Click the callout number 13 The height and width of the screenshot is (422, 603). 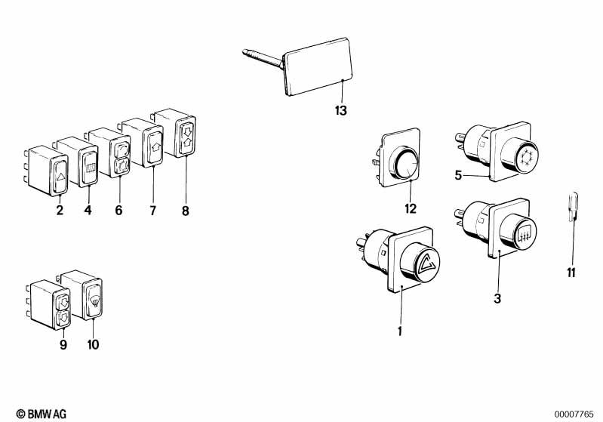(x=340, y=111)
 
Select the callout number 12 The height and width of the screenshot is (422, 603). (x=411, y=208)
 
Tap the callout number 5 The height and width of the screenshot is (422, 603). (x=458, y=175)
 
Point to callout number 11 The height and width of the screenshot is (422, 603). (x=571, y=273)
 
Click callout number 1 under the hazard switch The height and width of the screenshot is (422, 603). (x=400, y=331)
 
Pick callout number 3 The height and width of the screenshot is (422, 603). (x=497, y=298)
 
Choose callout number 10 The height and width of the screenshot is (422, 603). (x=93, y=345)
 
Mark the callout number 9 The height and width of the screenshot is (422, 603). (x=63, y=345)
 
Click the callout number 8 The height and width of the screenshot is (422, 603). (x=186, y=211)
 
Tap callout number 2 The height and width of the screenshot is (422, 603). (x=60, y=211)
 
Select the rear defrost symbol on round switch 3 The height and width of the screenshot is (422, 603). (x=523, y=234)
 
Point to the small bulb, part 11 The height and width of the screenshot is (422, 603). (x=572, y=207)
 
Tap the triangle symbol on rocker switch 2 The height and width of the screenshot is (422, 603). (x=60, y=177)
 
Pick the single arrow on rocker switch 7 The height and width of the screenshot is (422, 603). (x=155, y=146)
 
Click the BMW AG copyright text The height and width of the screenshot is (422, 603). (x=42, y=414)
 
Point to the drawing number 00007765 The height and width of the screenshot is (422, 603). (x=574, y=414)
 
